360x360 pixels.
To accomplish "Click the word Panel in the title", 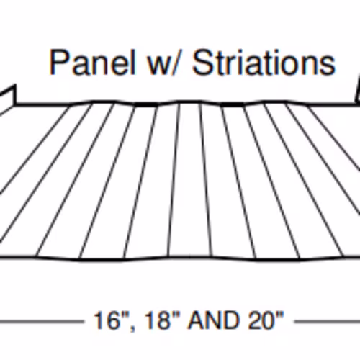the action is (x=92, y=62).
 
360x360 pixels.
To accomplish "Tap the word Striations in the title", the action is (x=264, y=62).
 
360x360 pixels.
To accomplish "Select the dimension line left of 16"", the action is (x=41, y=321).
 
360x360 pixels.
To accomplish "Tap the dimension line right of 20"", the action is (x=328, y=321).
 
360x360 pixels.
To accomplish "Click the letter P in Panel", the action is (x=60, y=62).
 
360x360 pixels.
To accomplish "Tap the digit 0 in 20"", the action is (x=269, y=320).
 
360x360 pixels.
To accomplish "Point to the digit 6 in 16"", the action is (x=112, y=320).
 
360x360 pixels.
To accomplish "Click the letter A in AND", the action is (x=197, y=320).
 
